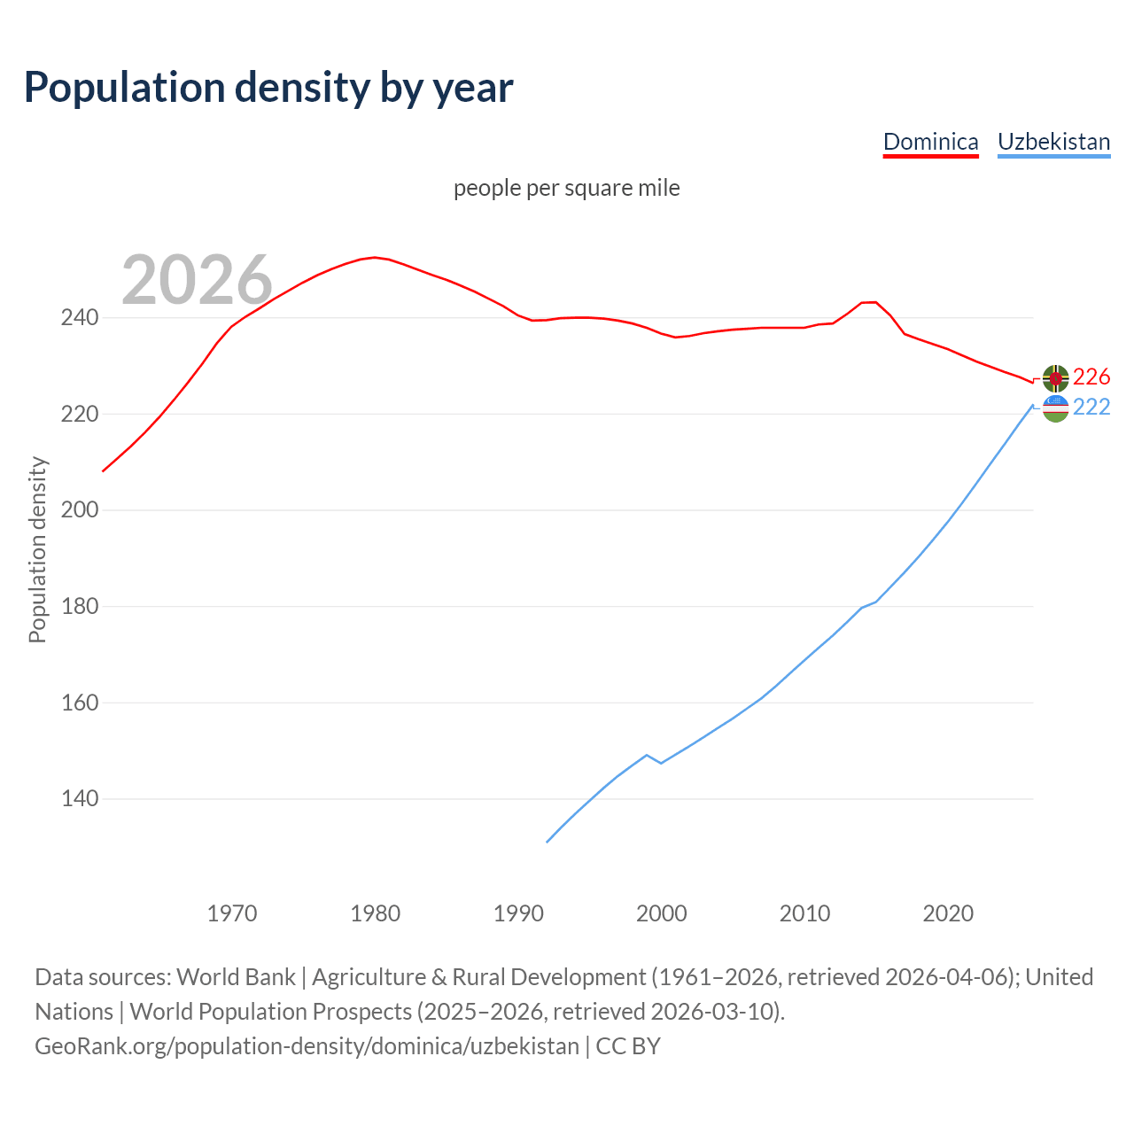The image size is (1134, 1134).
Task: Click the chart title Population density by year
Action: [x=268, y=88]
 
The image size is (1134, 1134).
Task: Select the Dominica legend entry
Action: [x=930, y=142]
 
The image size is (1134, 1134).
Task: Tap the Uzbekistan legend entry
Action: [x=1053, y=142]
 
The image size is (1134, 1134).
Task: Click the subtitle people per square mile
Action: [x=566, y=189]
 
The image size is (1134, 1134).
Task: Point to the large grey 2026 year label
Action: [x=197, y=280]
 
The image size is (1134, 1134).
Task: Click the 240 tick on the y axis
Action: [x=79, y=318]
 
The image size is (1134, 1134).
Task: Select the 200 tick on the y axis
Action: [x=79, y=510]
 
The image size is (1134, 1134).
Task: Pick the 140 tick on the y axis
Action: [x=79, y=799]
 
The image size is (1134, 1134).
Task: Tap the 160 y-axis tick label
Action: [x=79, y=703]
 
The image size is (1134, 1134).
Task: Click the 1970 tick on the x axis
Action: [x=232, y=913]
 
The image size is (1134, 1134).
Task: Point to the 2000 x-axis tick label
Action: [x=662, y=913]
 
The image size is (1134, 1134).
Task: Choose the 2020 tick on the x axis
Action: [x=948, y=913]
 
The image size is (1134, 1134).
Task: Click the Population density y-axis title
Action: [x=37, y=549]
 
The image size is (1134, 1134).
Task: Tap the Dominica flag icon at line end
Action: [x=1055, y=378]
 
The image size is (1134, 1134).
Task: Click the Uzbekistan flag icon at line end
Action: [x=1055, y=408]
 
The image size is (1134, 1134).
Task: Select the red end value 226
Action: [x=1091, y=377]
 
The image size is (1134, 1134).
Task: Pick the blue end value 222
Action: [x=1091, y=408]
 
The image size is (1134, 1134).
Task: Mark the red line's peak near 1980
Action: [x=375, y=257]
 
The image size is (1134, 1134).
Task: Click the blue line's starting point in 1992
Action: [x=548, y=842]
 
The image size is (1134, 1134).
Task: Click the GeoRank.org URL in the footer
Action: [x=307, y=1046]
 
